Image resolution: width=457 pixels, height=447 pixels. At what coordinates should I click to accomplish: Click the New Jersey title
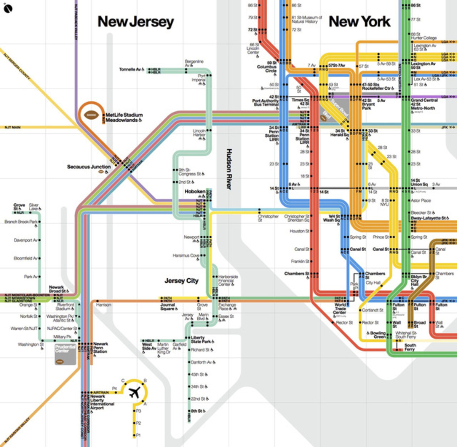[x=136, y=22]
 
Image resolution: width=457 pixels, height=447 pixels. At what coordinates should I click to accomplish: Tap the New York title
[x=360, y=22]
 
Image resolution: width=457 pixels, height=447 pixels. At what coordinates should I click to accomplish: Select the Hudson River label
[x=229, y=169]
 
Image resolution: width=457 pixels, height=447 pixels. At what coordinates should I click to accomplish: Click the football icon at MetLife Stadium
[x=91, y=115]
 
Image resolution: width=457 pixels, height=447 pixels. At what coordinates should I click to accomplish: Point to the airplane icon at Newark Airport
[x=134, y=392]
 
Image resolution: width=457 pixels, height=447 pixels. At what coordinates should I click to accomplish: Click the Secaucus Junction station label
[x=89, y=166]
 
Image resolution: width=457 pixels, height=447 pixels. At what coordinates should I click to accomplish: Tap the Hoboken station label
[x=195, y=192]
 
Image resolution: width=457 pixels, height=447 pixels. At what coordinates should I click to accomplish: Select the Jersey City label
[x=181, y=281]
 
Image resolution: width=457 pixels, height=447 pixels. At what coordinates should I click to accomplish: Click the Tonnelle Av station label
[x=130, y=69]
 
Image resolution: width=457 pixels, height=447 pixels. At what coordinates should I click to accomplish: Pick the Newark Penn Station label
[x=101, y=347]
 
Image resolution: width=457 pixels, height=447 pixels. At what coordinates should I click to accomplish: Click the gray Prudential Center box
[x=66, y=354]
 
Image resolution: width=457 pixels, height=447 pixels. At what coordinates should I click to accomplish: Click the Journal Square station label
[x=168, y=307]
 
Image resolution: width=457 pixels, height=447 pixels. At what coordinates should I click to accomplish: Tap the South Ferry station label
[x=410, y=347]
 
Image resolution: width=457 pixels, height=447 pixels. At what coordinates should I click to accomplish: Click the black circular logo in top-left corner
[x=8, y=8]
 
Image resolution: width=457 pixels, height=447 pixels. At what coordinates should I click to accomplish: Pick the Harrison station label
[x=104, y=305]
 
